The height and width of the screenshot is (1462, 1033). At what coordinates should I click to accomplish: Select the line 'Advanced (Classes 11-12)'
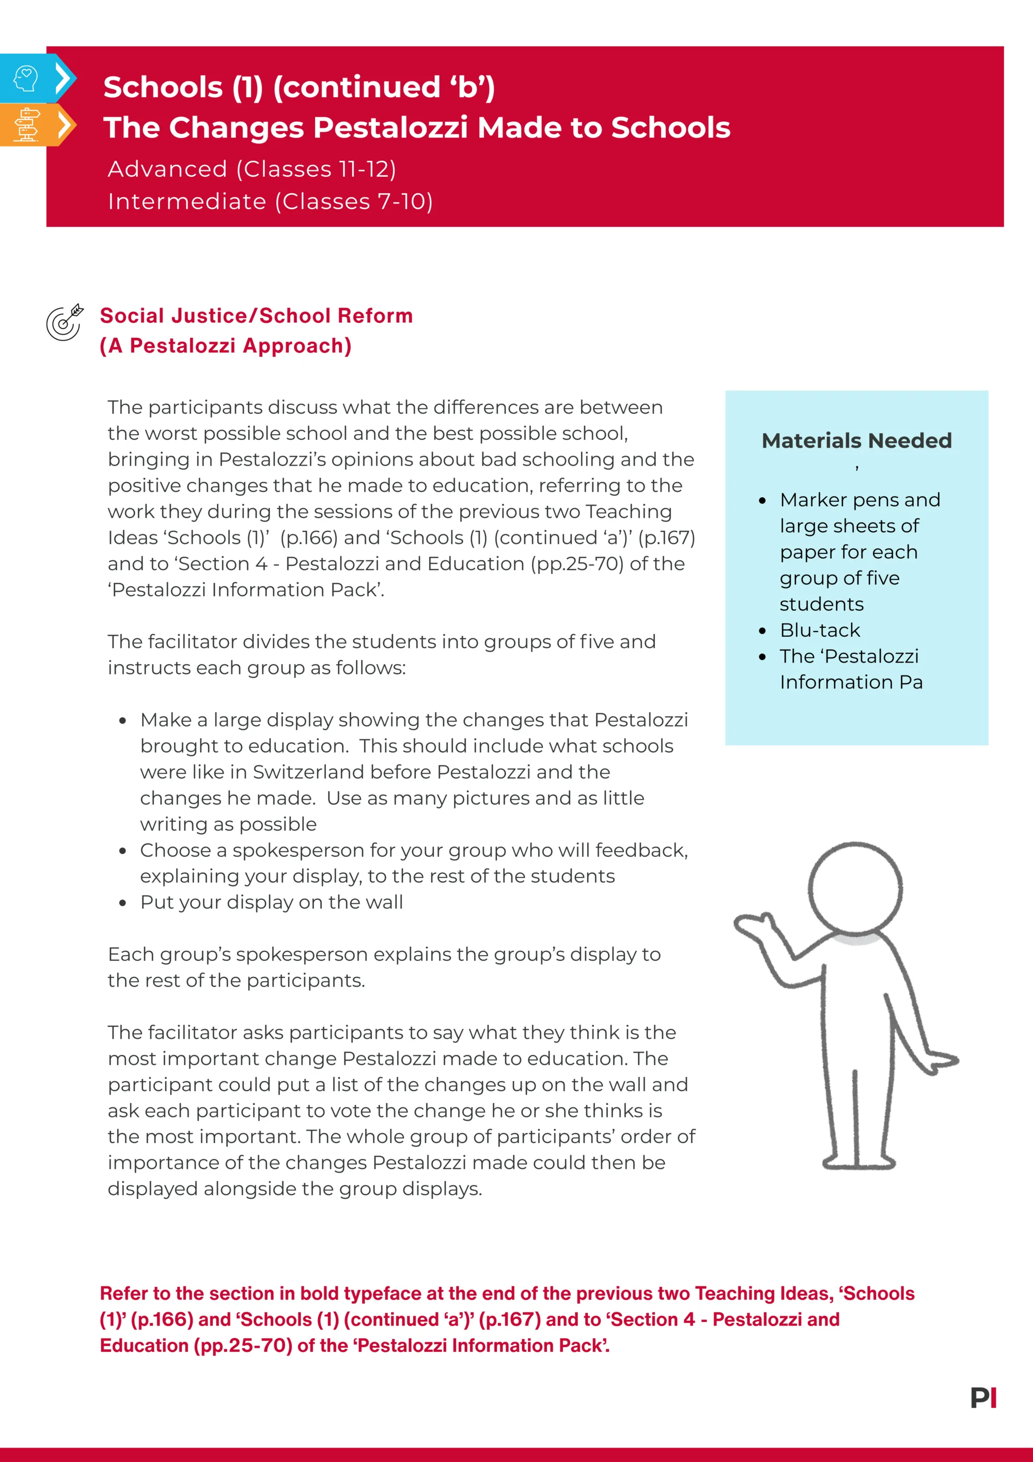click(252, 170)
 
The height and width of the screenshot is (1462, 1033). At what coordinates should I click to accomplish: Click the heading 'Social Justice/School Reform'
click(256, 316)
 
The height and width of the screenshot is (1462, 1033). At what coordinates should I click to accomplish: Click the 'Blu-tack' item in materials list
click(820, 630)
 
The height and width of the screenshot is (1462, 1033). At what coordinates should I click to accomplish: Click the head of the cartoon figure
click(855, 889)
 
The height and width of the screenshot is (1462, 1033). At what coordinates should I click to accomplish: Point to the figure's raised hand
click(754, 927)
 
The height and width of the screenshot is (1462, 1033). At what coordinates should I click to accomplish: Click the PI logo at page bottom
click(983, 1398)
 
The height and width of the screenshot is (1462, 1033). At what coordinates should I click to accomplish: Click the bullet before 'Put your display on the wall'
click(123, 903)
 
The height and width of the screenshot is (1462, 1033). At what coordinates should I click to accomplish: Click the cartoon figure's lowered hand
click(941, 1060)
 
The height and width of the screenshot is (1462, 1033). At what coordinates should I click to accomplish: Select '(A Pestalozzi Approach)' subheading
click(225, 346)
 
